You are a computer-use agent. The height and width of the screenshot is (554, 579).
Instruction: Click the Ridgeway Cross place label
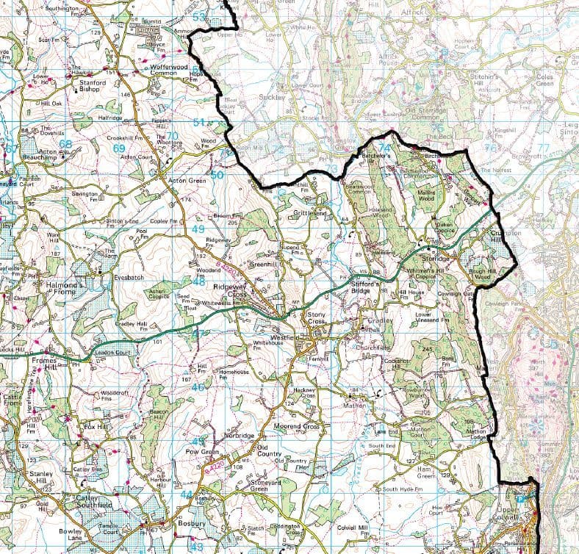(229, 289)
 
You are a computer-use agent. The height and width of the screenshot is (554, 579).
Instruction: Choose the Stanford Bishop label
(87, 87)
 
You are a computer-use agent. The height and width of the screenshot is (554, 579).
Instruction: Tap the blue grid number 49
(198, 229)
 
